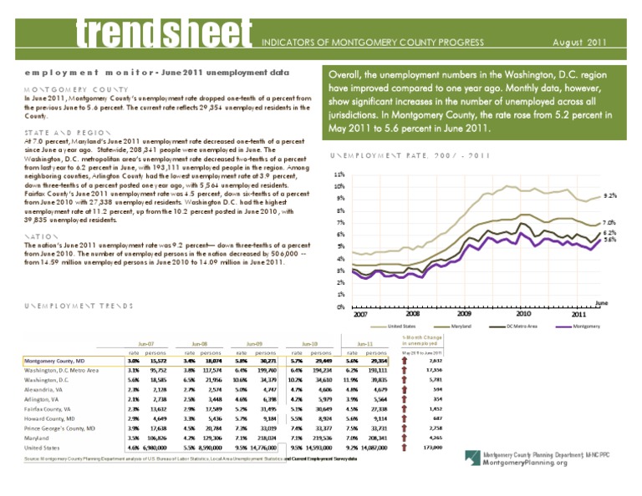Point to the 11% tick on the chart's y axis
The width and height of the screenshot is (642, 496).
point(339,175)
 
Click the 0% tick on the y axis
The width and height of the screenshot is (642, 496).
point(339,306)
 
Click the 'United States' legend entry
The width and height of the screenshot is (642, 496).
point(403,326)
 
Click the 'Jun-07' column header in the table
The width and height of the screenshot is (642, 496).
point(145,342)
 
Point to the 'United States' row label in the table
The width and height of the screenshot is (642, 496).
point(43,448)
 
